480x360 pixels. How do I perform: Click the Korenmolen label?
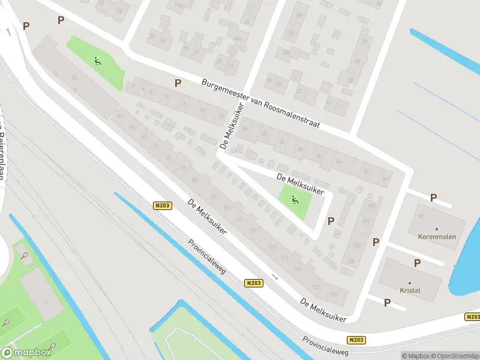tap(437, 237)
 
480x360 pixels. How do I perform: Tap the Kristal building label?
tap(410, 290)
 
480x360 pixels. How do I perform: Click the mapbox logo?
tap(26, 352)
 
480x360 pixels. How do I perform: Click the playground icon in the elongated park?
tap(97, 61)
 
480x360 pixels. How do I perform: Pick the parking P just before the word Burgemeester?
tap(178, 83)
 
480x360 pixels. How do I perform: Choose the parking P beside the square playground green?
tap(331, 221)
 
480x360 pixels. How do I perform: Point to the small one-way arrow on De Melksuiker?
tap(275, 277)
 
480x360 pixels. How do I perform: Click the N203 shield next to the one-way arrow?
tap(254, 283)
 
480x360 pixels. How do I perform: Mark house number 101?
tap(253, 231)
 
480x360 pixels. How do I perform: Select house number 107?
tap(271, 247)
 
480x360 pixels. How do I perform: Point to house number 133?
tap(356, 246)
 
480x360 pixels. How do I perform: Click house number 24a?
tap(238, 39)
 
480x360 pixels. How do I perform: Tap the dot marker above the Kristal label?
tap(410, 283)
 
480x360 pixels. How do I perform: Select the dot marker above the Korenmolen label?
tap(437, 229)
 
